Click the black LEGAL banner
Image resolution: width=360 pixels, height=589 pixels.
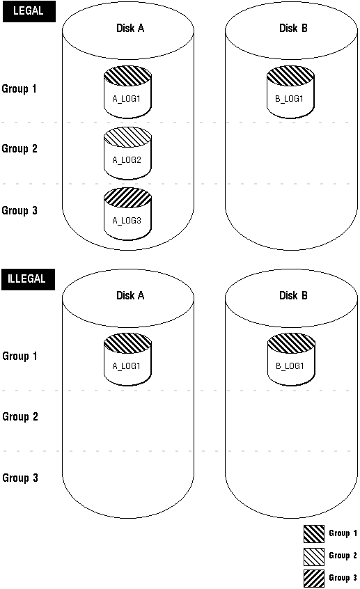pos(29,11)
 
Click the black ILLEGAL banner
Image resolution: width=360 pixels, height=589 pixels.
pos(28,279)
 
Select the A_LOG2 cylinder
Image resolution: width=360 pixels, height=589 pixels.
pos(127,153)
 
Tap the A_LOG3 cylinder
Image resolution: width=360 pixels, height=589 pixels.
pos(127,214)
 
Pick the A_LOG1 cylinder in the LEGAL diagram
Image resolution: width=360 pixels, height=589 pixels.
pos(127,92)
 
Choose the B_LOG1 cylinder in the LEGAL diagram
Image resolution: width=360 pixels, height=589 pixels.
pos(290,92)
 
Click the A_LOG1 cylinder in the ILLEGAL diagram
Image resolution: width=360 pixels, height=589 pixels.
pos(127,359)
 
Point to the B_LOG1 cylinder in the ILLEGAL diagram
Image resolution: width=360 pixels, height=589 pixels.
pos(291,359)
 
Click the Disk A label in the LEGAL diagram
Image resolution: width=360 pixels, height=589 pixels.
pos(130,28)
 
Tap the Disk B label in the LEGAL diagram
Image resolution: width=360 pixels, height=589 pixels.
pos(293,28)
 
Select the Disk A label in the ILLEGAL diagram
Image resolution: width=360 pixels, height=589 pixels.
pos(130,296)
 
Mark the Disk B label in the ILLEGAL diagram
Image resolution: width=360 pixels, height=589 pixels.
pos(293,296)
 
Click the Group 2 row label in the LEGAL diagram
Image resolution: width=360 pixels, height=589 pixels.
pos(19,149)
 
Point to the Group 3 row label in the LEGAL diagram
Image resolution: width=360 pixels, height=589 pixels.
pos(19,211)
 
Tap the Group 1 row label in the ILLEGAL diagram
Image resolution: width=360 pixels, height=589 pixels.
pos(20,356)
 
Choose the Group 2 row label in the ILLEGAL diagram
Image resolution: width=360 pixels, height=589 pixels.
pos(20,417)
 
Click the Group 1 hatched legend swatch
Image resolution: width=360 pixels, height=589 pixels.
pos(314,534)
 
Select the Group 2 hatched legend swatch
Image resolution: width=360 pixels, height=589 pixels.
pos(314,556)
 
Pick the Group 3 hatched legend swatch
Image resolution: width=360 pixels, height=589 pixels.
pos(314,579)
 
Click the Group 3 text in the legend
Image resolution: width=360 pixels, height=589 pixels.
pos(343,578)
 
